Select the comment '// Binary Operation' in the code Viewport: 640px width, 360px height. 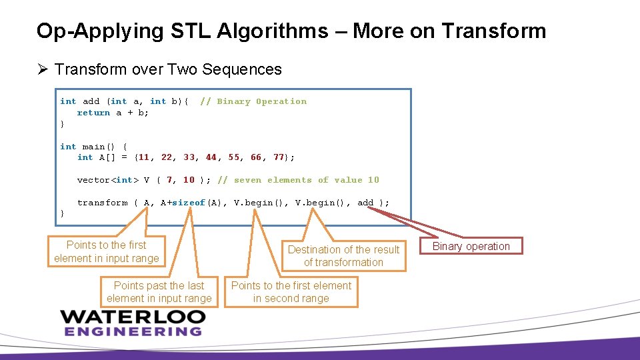[253, 101]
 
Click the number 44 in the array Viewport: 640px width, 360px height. [211, 157]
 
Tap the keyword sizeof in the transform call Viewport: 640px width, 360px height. [189, 203]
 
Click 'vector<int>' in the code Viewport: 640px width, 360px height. [108, 180]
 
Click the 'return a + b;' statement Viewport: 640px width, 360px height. [113, 113]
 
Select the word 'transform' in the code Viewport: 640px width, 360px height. [102, 203]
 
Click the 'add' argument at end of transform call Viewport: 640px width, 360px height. [365, 203]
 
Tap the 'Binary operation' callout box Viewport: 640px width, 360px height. [471, 246]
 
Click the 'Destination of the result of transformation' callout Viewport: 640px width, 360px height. [343, 256]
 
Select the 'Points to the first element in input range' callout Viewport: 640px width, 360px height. [107, 252]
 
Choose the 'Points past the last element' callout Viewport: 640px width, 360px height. [159, 292]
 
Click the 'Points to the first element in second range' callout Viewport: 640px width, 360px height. [291, 292]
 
